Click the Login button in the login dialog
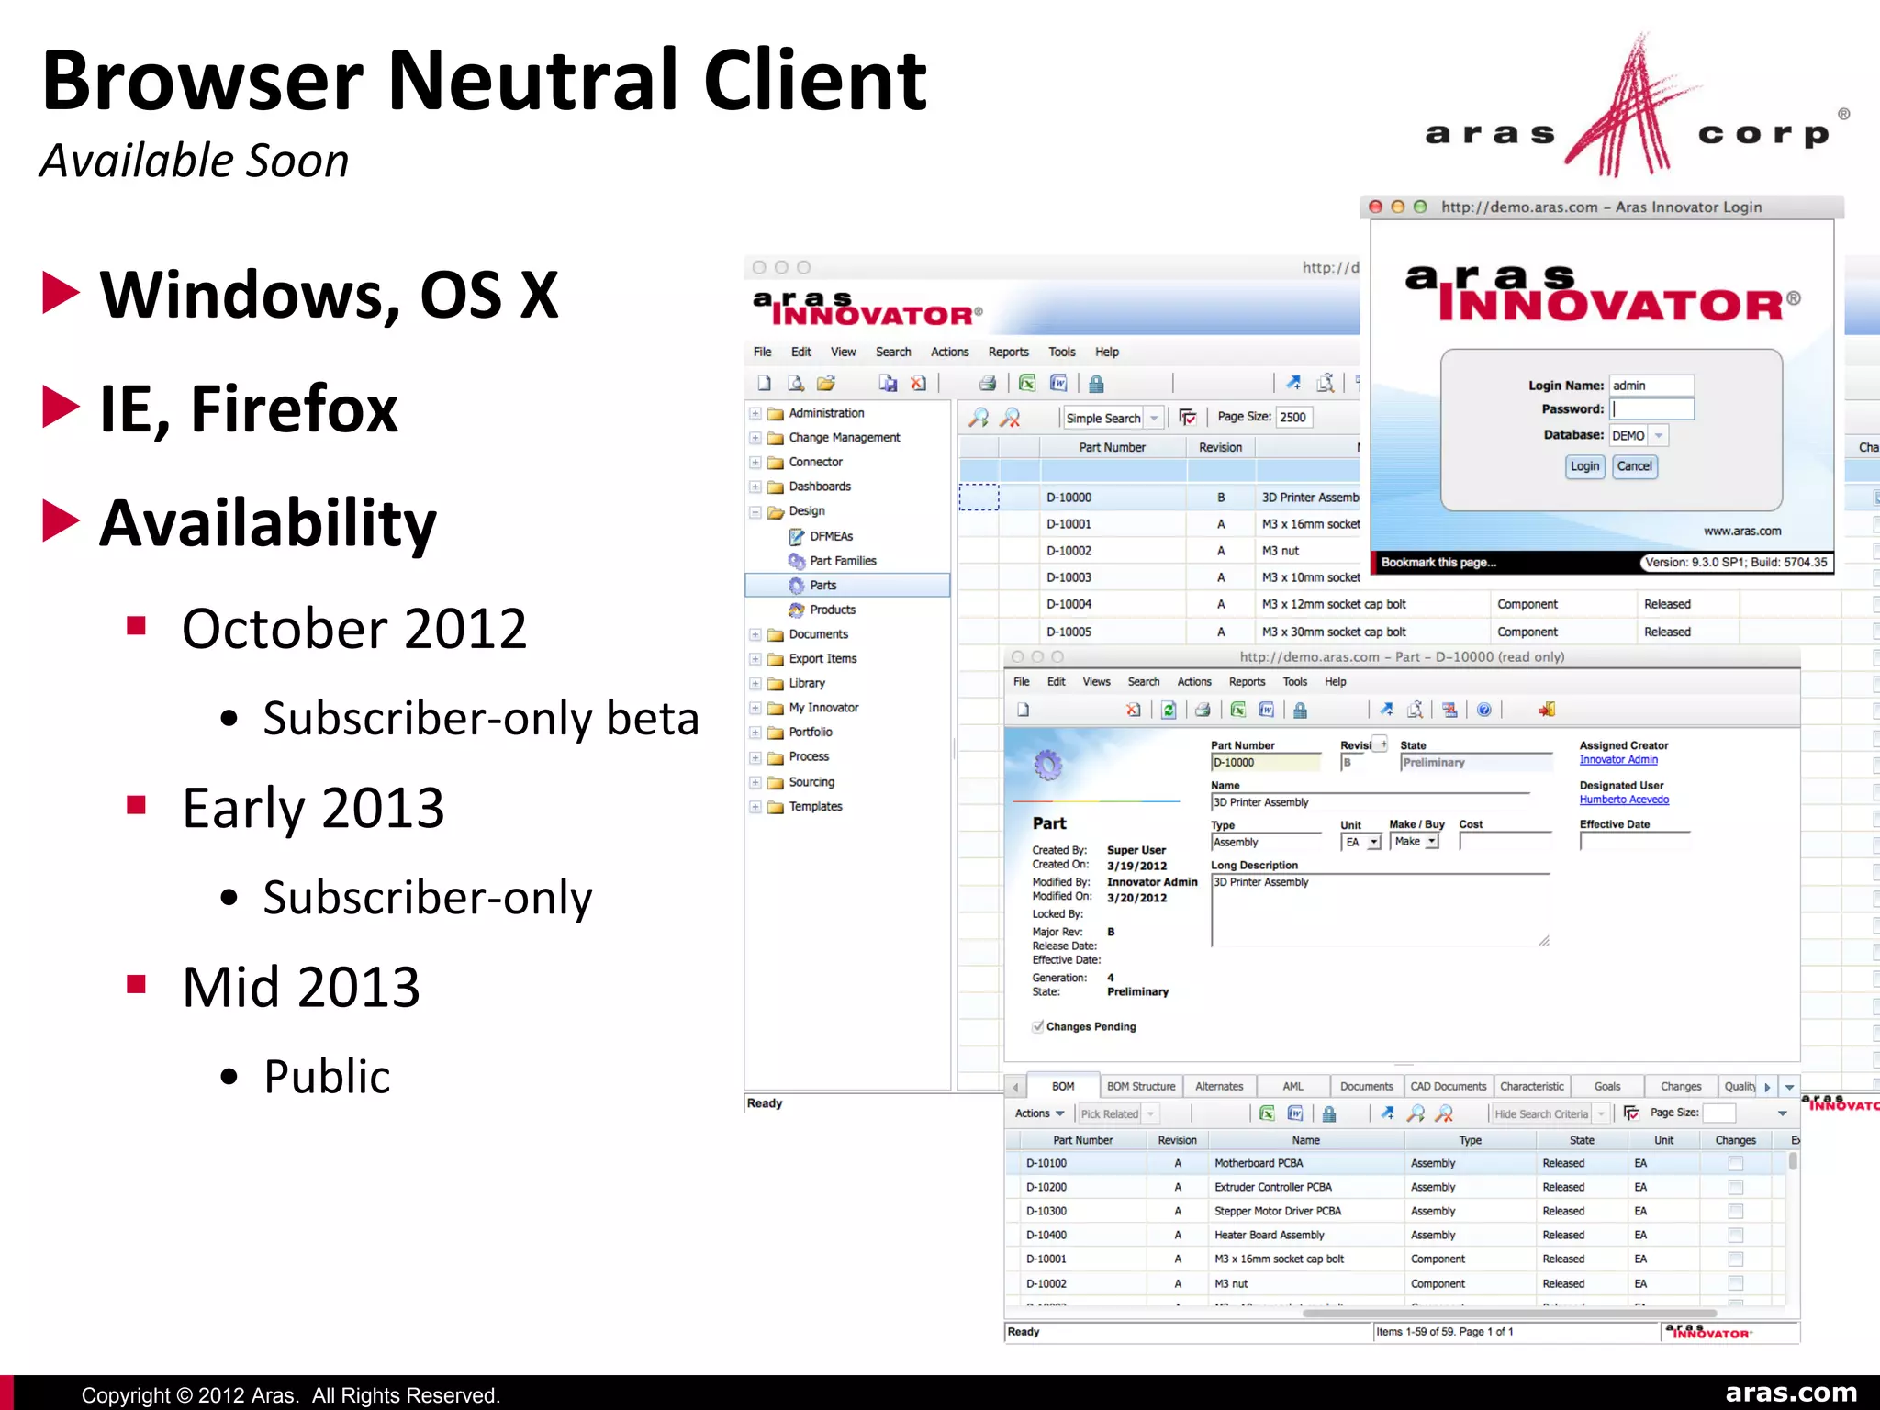(x=1583, y=466)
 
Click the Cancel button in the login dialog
(x=1634, y=466)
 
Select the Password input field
(x=1652, y=409)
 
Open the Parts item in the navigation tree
(x=822, y=586)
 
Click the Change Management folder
(x=844, y=438)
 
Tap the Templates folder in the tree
(x=815, y=807)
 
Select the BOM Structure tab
(x=1140, y=1087)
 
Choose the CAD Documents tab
(x=1448, y=1087)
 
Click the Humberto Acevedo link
(x=1624, y=800)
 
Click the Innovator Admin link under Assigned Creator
(x=1618, y=760)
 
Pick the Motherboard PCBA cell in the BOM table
(x=1259, y=1163)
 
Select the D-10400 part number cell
(x=1046, y=1236)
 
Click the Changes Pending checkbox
(x=1038, y=1027)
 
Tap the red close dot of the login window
(x=1375, y=207)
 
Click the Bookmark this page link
(x=1438, y=563)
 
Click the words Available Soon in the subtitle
(x=195, y=162)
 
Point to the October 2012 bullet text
(x=354, y=629)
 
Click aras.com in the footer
(x=1791, y=1393)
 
